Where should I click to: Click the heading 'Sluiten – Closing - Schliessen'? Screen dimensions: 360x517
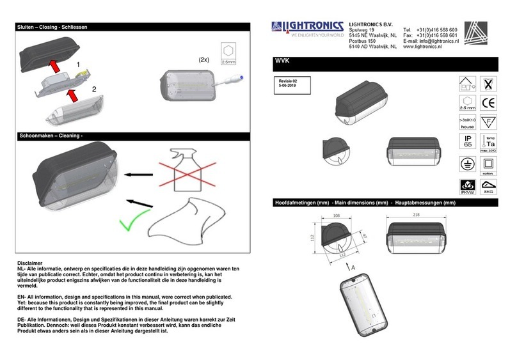click(51, 27)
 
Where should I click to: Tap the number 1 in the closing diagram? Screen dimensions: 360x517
click(78, 65)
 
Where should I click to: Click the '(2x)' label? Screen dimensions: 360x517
click(204, 60)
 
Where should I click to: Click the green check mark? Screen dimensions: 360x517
click(132, 222)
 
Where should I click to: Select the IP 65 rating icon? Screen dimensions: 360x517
click(468, 143)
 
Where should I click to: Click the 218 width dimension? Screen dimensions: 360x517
click(417, 215)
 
